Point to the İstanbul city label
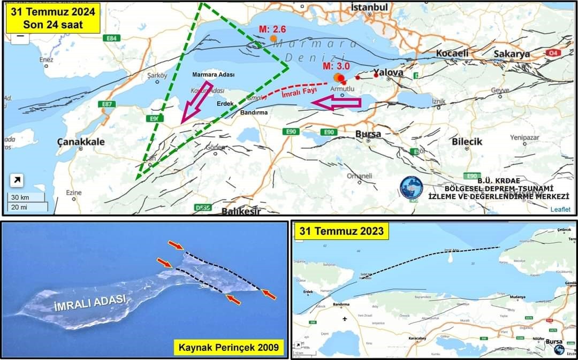coord(369,7)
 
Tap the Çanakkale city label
coord(81,142)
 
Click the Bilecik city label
coord(467,142)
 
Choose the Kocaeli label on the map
coord(452,53)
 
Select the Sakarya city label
coord(511,53)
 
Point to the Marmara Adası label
coord(213,75)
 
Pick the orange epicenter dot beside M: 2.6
coord(273,39)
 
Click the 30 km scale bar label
coord(20,197)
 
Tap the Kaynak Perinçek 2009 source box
coord(229,348)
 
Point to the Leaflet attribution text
coord(560,209)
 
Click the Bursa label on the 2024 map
coord(368,134)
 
